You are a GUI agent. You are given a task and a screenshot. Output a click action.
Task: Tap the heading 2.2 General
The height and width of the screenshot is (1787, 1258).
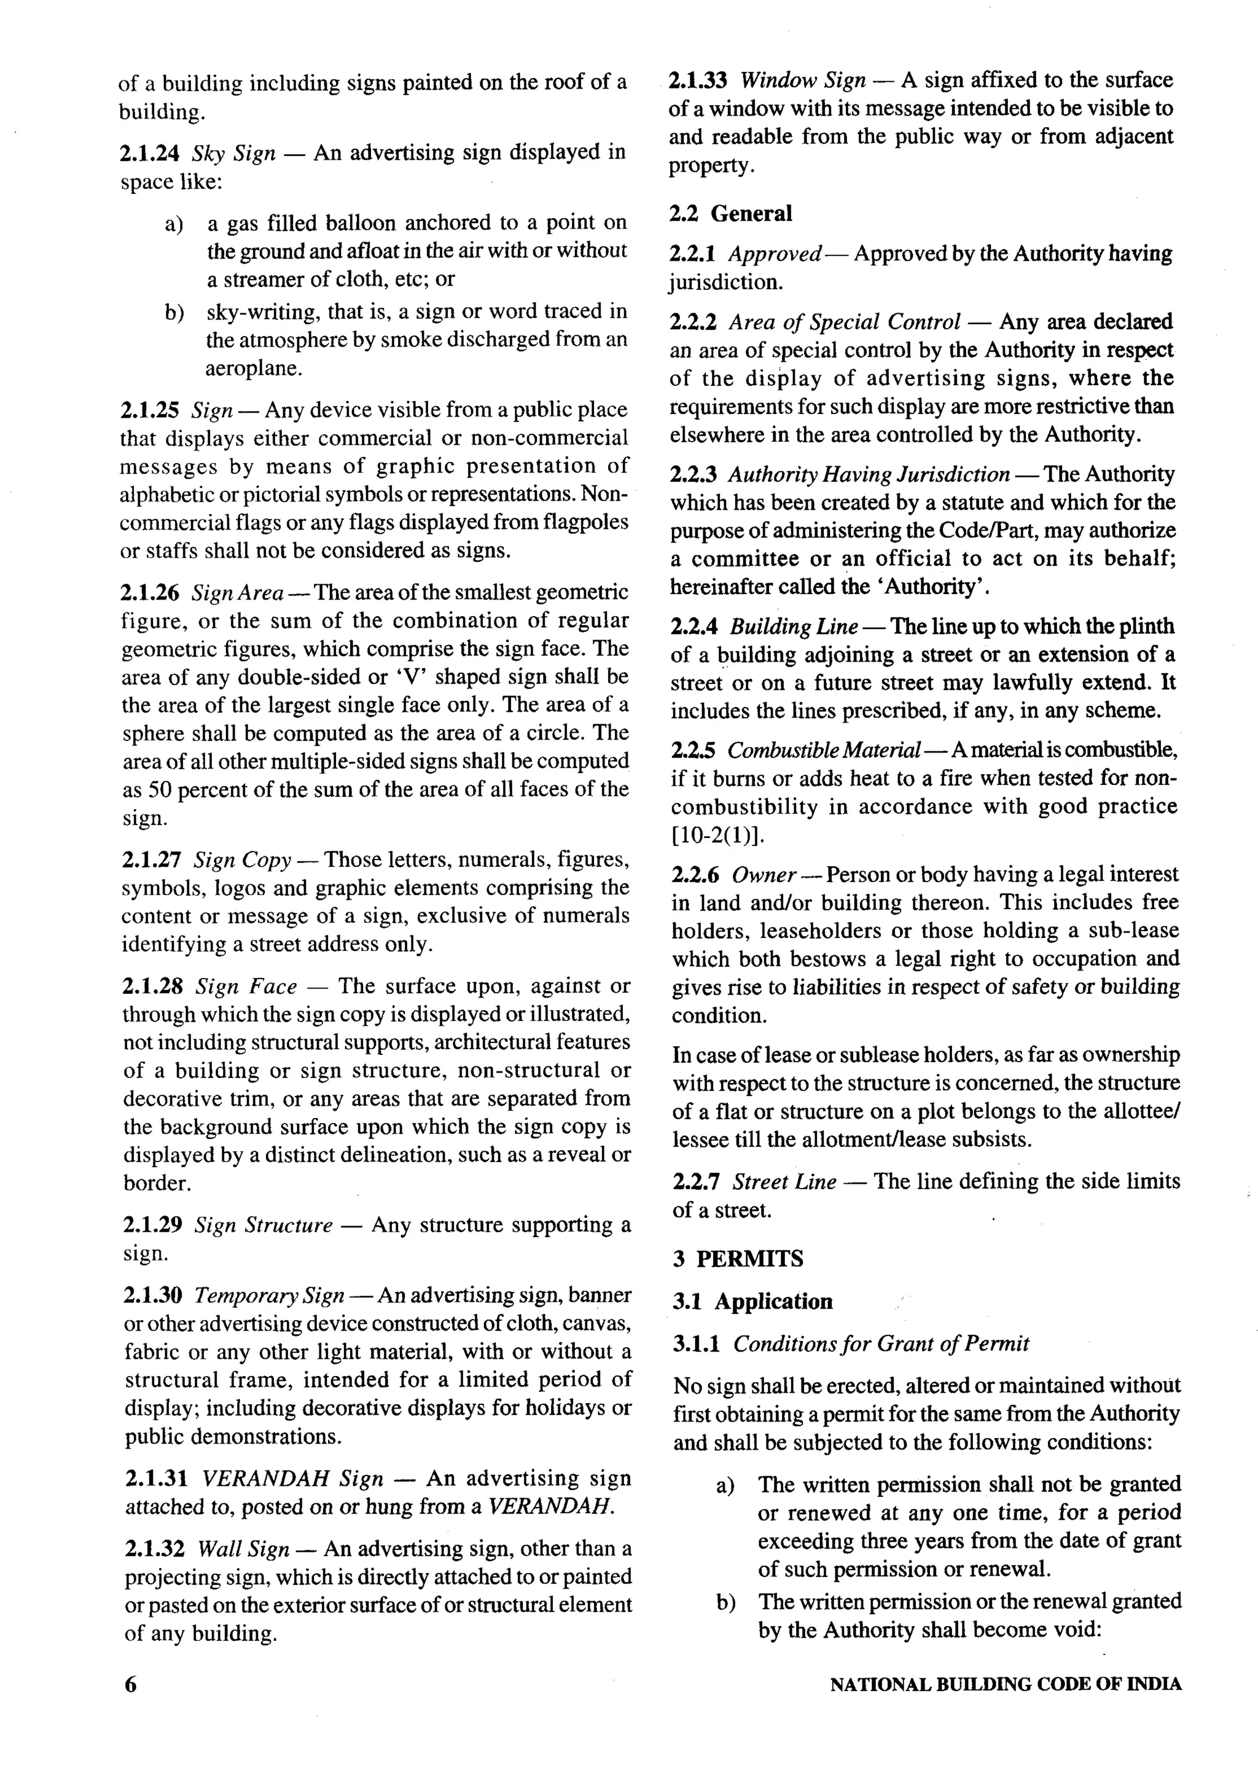click(x=730, y=213)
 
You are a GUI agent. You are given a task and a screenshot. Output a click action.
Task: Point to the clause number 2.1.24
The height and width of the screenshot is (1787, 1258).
click(x=149, y=152)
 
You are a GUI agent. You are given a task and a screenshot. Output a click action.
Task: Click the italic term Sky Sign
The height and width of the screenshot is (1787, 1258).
click(x=233, y=152)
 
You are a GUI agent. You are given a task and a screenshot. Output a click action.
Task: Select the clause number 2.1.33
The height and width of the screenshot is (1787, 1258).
click(x=698, y=80)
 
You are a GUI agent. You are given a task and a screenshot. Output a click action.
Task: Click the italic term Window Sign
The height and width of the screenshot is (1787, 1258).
click(x=803, y=80)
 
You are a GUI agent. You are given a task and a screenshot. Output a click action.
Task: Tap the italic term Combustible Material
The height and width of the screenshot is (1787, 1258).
click(x=824, y=750)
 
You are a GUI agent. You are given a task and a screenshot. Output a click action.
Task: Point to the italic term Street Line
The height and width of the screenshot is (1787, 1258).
click(x=784, y=1181)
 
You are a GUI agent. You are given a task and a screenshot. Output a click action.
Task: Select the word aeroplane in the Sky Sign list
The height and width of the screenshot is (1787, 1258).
click(x=254, y=368)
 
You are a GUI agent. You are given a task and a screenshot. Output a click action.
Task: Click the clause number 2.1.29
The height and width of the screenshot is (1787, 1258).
click(x=152, y=1225)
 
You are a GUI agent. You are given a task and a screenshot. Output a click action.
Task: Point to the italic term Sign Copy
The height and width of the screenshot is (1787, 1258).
click(x=242, y=860)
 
